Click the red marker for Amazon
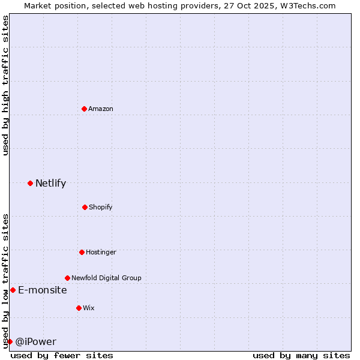click(x=85, y=109)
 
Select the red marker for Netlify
click(x=30, y=183)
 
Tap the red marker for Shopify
click(x=85, y=207)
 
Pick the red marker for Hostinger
click(x=82, y=252)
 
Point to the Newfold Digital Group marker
click(x=67, y=278)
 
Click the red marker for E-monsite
click(x=13, y=290)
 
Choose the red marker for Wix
click(x=79, y=308)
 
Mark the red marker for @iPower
click(x=10, y=341)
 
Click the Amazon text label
click(x=101, y=109)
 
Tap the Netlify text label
click(x=50, y=183)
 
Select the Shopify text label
click(x=101, y=207)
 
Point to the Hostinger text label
click(x=101, y=252)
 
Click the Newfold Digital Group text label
click(x=106, y=278)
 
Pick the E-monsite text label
click(x=43, y=290)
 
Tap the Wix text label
click(x=89, y=308)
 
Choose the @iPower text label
click(x=36, y=341)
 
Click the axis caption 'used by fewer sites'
click(x=62, y=355)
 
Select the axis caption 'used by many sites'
click(x=301, y=355)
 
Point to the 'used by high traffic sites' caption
click(x=5, y=85)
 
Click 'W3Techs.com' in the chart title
click(x=307, y=5)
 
